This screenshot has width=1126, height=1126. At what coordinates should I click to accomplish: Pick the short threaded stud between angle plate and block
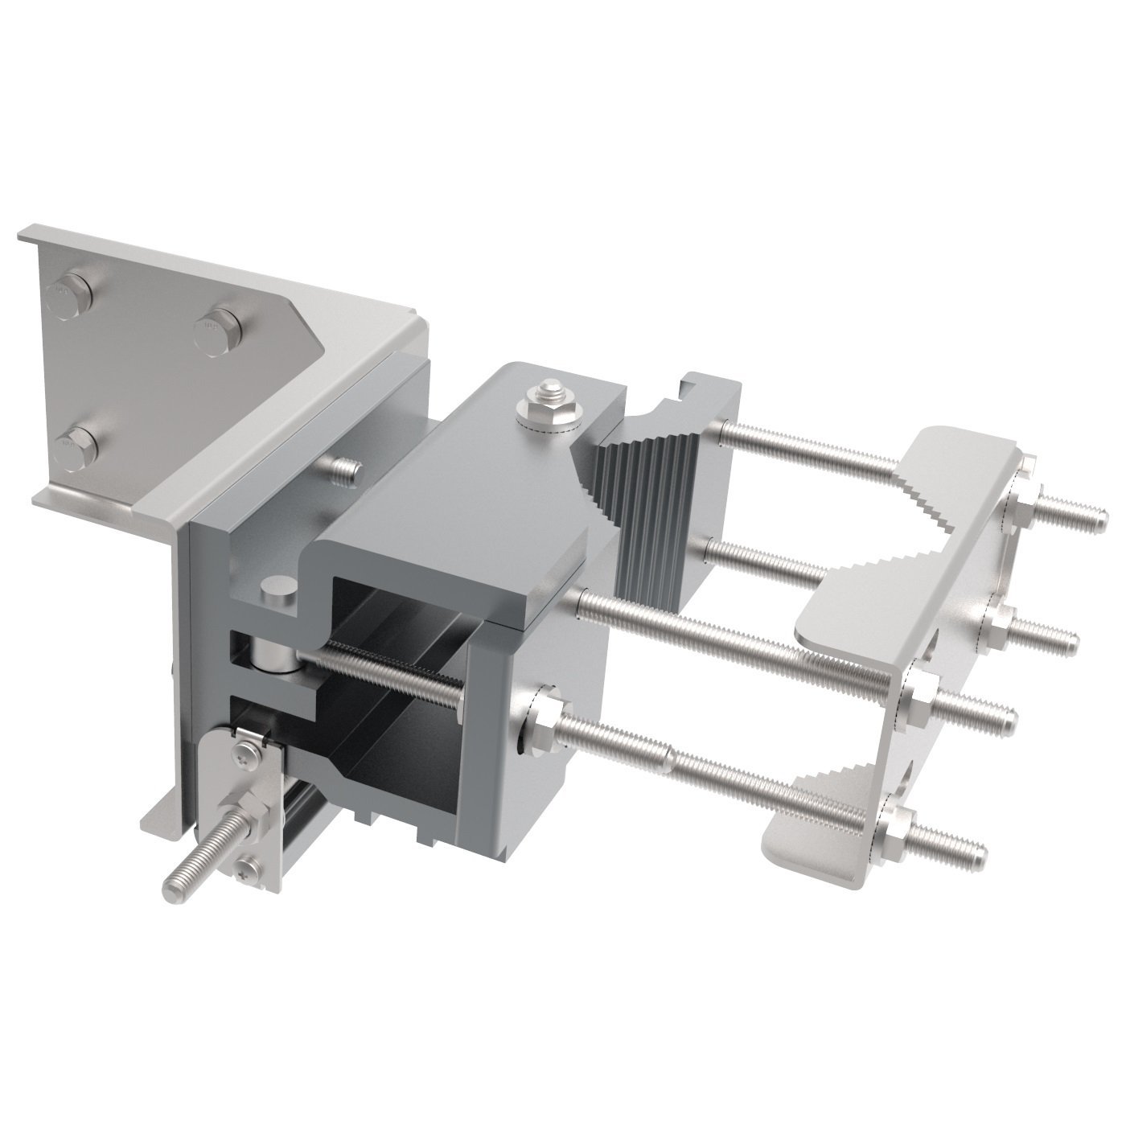click(x=343, y=471)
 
